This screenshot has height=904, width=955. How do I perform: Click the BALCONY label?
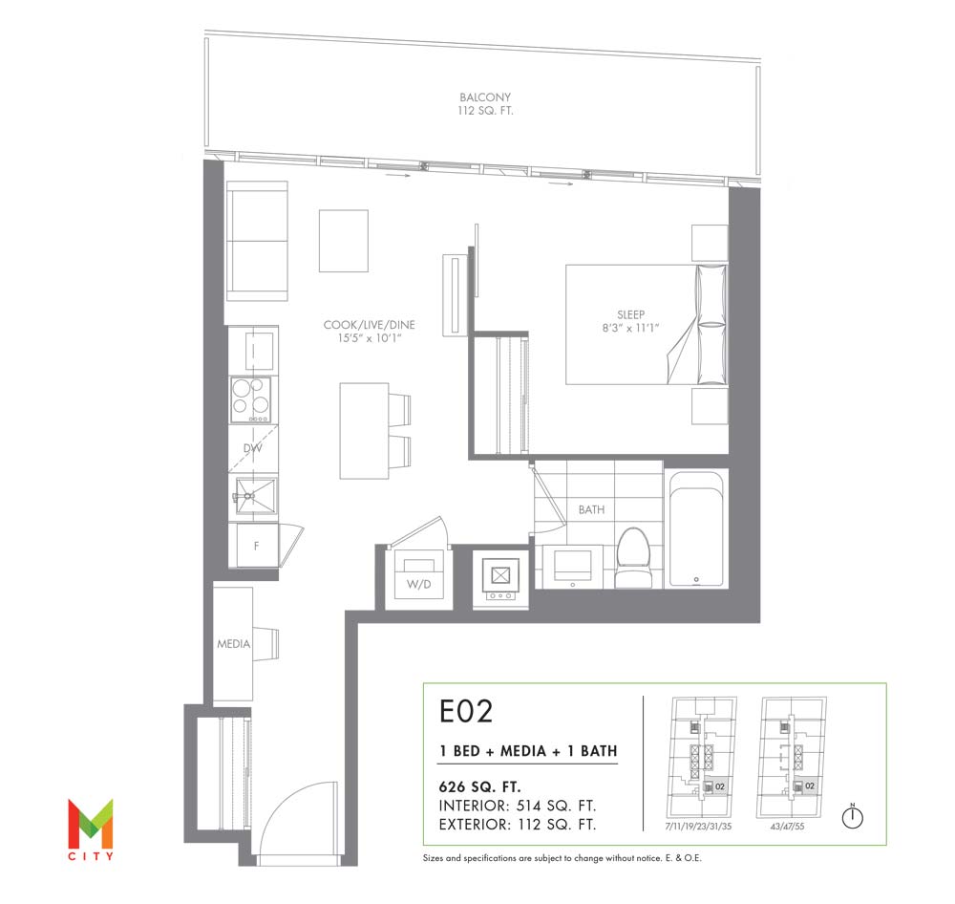485,97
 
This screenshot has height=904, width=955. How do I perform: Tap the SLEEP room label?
630,314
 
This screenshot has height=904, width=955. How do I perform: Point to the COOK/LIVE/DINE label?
369,324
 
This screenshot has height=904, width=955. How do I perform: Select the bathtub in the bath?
696,528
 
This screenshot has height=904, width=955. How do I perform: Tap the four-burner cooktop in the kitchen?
250,399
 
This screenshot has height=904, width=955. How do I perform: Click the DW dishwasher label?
253,448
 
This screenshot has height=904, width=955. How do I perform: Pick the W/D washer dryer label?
419,584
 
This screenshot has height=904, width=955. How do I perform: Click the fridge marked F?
254,545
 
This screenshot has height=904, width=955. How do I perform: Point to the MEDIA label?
234,644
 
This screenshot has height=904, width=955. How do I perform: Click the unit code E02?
466,711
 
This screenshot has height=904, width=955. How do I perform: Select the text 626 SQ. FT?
480,786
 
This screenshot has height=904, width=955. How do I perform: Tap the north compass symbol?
852,816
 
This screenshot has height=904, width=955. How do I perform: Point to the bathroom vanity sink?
572,566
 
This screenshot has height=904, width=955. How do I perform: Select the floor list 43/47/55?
788,827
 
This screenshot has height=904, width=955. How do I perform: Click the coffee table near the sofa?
344,241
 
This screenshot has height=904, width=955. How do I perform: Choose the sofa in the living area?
256,241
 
